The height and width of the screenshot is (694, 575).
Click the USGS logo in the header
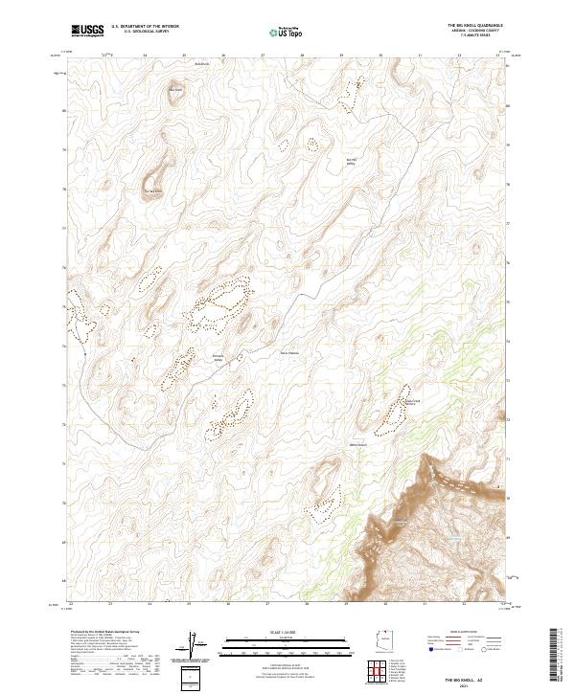click(87, 30)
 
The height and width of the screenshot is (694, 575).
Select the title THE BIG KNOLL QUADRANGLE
click(474, 25)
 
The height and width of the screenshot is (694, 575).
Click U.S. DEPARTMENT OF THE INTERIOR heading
click(145, 26)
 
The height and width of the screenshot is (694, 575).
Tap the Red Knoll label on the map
click(175, 90)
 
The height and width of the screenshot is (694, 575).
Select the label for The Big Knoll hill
click(153, 191)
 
